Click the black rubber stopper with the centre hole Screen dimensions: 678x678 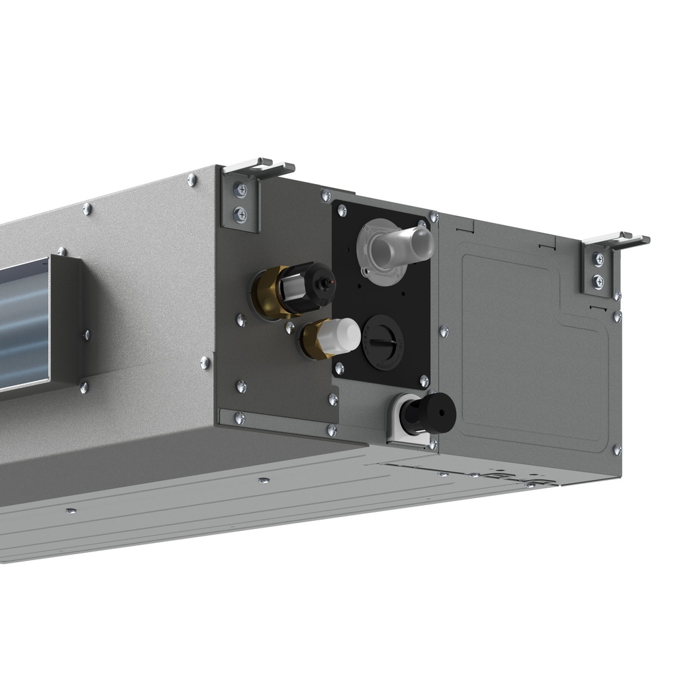pyautogui.click(x=430, y=413)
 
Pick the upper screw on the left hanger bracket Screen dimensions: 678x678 pyautogui.click(x=240, y=191)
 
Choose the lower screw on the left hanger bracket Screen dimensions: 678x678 pyautogui.click(x=240, y=214)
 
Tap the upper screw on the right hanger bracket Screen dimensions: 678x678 pyautogui.click(x=599, y=260)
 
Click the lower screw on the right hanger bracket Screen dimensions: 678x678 pyautogui.click(x=599, y=281)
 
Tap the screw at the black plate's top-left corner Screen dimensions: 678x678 pyautogui.click(x=342, y=211)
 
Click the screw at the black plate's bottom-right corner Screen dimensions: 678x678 pyautogui.click(x=424, y=381)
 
